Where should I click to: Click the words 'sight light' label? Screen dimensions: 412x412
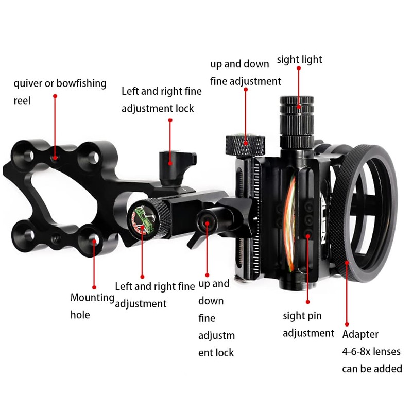coord(299,60)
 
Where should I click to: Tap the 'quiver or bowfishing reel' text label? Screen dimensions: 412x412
coord(59,92)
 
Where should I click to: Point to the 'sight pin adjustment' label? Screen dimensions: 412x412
coord(308,324)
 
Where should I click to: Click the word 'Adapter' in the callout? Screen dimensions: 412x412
coord(360,334)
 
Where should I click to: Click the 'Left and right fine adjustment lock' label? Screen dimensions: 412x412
coord(161,100)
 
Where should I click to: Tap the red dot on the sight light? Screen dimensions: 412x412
coord(299,107)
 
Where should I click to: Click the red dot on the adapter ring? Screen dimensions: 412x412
coord(348,263)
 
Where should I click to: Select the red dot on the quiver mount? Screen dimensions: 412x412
coord(55,153)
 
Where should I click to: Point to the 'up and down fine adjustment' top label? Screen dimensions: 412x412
coord(245,73)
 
